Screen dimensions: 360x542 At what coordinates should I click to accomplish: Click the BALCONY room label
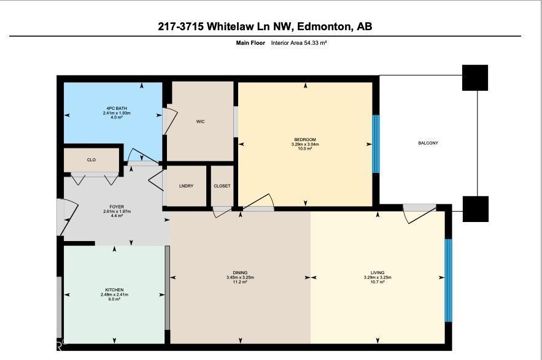tap(428, 143)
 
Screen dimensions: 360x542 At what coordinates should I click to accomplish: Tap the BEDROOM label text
tap(305, 140)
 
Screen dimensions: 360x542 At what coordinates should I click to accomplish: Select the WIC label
tap(200, 121)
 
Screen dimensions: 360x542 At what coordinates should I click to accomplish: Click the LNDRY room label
tap(186, 186)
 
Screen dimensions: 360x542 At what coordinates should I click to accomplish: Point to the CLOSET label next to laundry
tap(222, 186)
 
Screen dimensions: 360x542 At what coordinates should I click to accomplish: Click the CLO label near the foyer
tap(91, 160)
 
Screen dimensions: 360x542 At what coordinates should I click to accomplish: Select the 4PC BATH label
tap(113, 109)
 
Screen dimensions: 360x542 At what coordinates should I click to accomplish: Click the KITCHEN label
tap(114, 289)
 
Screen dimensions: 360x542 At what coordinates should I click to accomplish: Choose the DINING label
tap(240, 272)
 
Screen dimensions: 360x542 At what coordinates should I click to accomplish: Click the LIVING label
tap(377, 272)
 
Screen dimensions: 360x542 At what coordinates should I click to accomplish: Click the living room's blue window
tap(448, 280)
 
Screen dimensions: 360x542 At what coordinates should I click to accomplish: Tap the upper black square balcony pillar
tap(475, 77)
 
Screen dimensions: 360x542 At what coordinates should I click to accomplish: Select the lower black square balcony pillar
tap(475, 209)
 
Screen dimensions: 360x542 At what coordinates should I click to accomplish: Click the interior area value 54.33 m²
tap(299, 43)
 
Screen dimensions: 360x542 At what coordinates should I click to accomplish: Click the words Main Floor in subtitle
tap(250, 43)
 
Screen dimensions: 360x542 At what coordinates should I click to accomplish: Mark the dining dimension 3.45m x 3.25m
tap(240, 277)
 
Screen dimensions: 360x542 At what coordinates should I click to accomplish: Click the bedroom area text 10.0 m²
tap(305, 149)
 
